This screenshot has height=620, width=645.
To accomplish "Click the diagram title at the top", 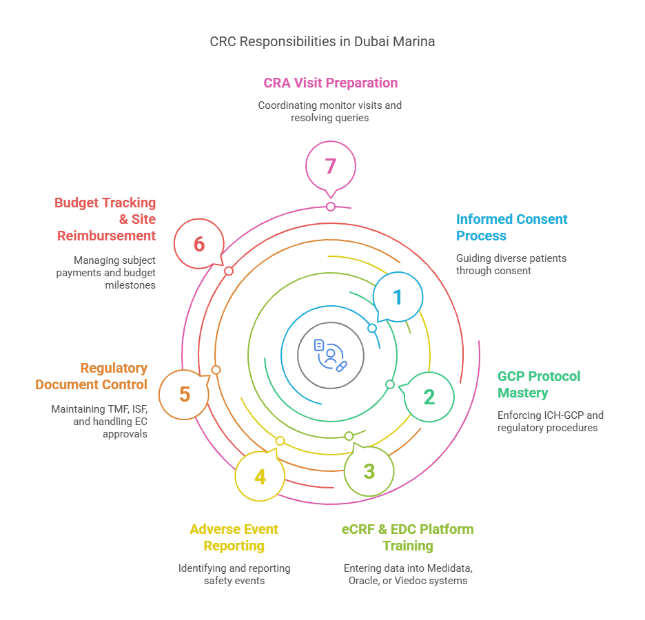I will pyautogui.click(x=322, y=41).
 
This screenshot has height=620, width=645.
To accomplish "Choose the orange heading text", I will pyautogui.click(x=90, y=380).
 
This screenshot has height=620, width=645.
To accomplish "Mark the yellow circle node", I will pyautogui.click(x=259, y=475).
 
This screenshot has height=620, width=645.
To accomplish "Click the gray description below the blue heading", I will pyautogui.click(x=510, y=266).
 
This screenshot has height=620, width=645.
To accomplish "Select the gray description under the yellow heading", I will pyautogui.click(x=234, y=577).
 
